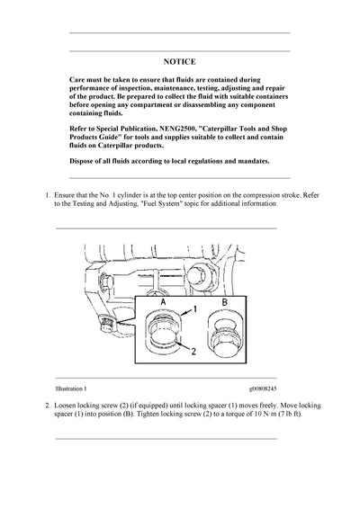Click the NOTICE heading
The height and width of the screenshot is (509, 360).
click(x=179, y=63)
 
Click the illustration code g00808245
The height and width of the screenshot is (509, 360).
click(x=270, y=388)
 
